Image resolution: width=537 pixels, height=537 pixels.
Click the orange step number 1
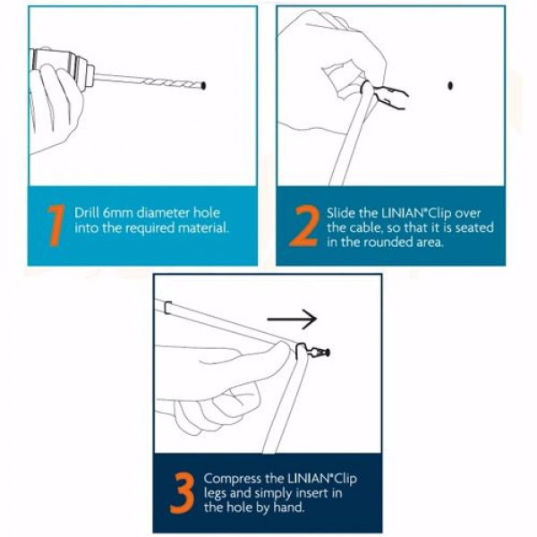pos(56,226)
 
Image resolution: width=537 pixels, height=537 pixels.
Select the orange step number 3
pos(183,493)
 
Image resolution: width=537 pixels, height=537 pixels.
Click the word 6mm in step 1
pos(117,213)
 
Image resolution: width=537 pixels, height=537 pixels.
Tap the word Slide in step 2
pos(341,213)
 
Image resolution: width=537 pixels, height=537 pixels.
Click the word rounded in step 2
pos(387,243)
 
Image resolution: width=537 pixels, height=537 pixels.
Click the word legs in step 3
pos(215,494)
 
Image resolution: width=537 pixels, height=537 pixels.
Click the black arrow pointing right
pos(292,320)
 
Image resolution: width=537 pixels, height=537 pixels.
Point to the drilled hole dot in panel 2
pos(450,86)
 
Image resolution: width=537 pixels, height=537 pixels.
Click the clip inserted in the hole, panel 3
pos(312,351)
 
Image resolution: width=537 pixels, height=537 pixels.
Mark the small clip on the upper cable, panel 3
pos(167,308)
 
